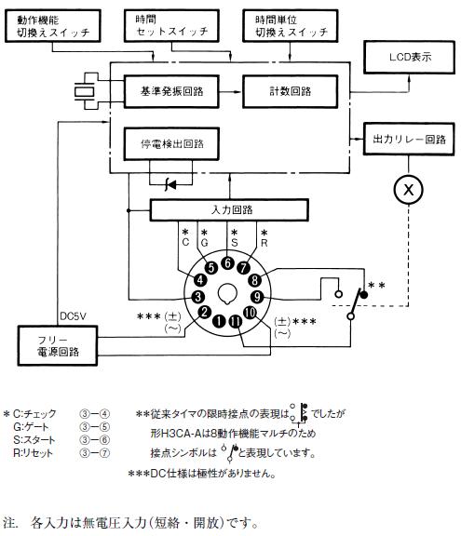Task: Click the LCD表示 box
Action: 409,57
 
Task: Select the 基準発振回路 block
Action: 171,91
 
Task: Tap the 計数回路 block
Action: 290,91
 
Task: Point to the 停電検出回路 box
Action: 171,144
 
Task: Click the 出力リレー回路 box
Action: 409,140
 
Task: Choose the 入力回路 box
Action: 229,210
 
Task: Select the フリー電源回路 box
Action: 58,346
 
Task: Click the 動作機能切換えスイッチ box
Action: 53,26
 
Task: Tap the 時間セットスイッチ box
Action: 171,26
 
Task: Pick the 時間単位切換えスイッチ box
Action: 290,26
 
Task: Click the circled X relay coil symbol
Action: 408,190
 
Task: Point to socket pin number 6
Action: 227,263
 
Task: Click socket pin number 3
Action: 198,297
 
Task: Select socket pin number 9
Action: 257,297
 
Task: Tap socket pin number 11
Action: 235,321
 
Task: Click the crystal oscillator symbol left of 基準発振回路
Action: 84,91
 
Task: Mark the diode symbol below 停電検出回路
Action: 170,185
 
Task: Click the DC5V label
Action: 73,316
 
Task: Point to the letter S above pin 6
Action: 235,243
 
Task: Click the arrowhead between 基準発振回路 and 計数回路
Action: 238,91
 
